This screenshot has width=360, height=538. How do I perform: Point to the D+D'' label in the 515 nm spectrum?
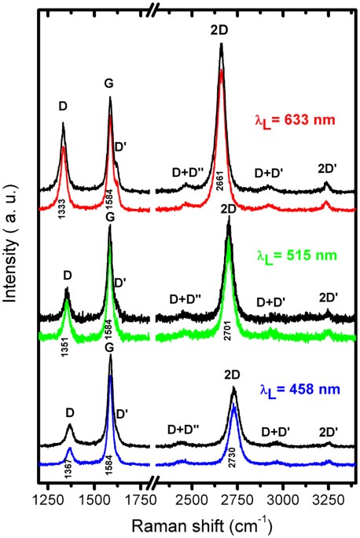point(186,298)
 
